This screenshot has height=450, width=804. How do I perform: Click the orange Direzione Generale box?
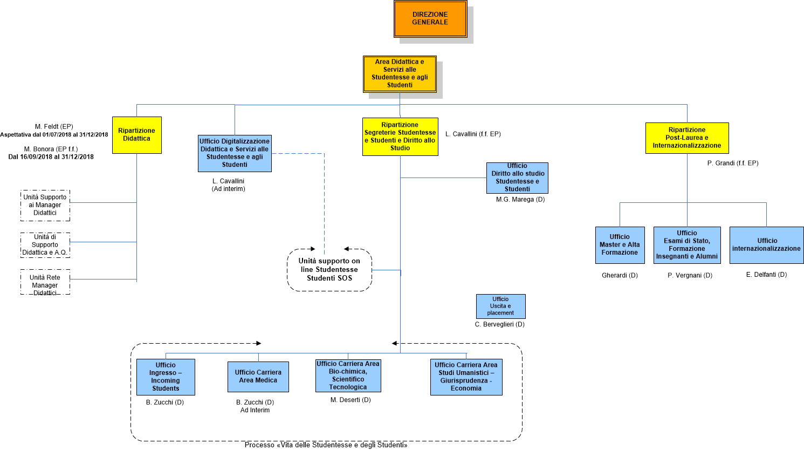click(x=430, y=19)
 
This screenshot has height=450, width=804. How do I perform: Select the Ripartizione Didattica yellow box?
click(x=137, y=135)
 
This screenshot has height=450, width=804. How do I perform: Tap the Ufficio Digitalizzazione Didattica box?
click(x=235, y=153)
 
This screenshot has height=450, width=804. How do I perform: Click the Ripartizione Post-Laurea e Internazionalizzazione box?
click(x=687, y=138)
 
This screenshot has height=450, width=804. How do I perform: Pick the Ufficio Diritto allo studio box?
click(x=517, y=178)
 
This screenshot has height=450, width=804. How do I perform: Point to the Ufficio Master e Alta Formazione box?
click(x=620, y=245)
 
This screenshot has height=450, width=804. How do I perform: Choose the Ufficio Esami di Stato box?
click(x=687, y=245)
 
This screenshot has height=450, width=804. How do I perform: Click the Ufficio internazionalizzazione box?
click(x=766, y=245)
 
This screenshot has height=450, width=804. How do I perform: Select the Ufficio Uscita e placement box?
click(x=500, y=306)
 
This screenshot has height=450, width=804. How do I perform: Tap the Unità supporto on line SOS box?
click(x=329, y=270)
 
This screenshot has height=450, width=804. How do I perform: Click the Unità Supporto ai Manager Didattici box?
click(x=45, y=205)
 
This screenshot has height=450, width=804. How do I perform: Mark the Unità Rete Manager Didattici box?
click(x=45, y=282)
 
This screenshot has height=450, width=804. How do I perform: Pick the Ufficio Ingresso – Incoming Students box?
click(x=166, y=377)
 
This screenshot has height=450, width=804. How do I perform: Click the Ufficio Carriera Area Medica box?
click(x=258, y=377)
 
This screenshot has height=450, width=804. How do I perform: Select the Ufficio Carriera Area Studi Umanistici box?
click(x=466, y=377)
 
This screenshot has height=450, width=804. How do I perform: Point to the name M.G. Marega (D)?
click(x=520, y=200)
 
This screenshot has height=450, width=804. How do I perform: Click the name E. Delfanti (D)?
click(x=766, y=275)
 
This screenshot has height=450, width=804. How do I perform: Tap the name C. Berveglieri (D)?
click(x=499, y=324)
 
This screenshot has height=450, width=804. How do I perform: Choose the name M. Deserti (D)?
click(x=351, y=400)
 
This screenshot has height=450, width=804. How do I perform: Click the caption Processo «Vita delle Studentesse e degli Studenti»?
click(x=326, y=445)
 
